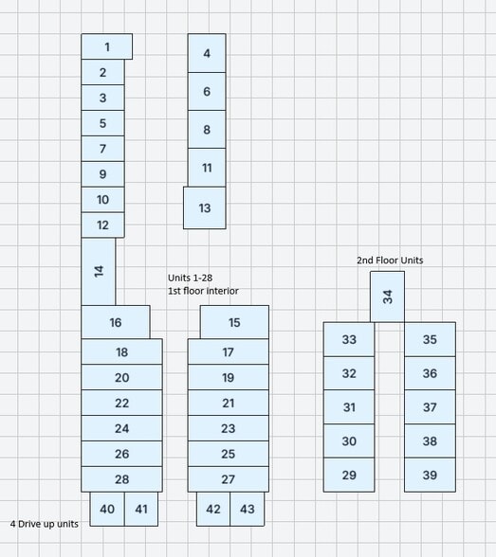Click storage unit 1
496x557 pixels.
106,46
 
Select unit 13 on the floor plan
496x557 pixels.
205,207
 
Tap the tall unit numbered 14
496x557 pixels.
98,271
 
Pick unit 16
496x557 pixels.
116,322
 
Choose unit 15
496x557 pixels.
234,322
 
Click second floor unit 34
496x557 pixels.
387,297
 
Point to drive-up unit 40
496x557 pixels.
107,509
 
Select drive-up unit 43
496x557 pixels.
248,509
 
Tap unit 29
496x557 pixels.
349,475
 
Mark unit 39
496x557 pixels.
430,475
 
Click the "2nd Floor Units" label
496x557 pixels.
390,261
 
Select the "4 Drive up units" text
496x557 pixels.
45,524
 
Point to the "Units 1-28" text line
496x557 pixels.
191,278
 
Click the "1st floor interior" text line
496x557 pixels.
203,291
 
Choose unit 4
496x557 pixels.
207,53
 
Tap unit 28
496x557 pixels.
121,479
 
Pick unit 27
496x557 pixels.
228,479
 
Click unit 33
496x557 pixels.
349,339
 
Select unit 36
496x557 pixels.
430,373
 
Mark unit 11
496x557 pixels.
207,168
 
